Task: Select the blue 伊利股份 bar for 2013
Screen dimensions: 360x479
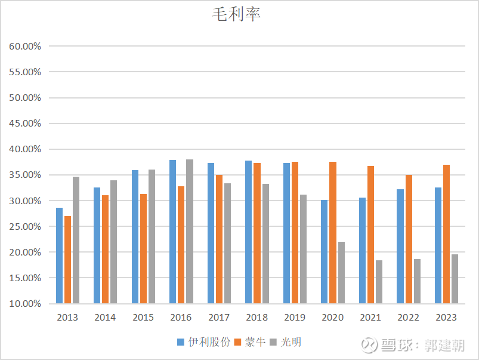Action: [x=59, y=256]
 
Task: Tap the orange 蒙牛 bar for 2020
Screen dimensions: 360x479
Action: [x=333, y=233]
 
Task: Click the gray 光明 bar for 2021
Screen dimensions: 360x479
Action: [x=379, y=282]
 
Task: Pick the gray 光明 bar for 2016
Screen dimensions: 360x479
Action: [x=189, y=232]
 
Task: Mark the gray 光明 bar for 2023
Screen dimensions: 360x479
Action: [x=455, y=279]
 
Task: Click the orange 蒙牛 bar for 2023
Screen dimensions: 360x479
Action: [x=446, y=234]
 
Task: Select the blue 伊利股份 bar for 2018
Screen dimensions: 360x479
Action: [x=249, y=232]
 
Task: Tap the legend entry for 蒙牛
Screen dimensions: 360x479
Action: [x=249, y=342]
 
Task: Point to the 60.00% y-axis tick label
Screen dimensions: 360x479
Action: [x=24, y=46]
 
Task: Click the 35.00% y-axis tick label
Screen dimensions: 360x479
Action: [x=24, y=175]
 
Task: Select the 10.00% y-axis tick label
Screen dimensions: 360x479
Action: [x=24, y=303]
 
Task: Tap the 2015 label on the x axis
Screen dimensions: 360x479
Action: [x=143, y=317]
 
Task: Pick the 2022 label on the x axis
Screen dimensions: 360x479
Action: [x=409, y=317]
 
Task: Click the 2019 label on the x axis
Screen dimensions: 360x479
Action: [x=295, y=317]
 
